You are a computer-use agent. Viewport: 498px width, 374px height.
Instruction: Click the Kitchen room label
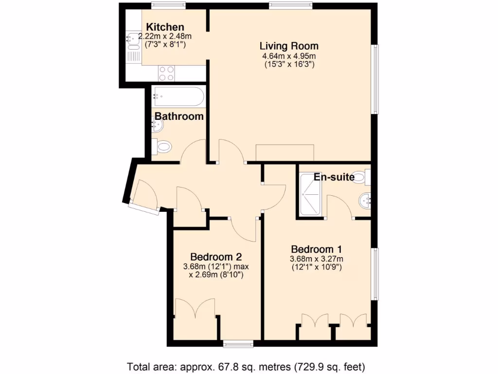coord(165,27)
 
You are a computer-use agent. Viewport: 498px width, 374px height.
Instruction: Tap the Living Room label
coord(289,46)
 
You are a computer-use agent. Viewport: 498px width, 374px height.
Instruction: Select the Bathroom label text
coord(179,116)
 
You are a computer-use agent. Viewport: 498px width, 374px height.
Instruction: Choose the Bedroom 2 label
coord(216,257)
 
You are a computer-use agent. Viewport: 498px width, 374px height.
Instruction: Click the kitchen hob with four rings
coord(166,73)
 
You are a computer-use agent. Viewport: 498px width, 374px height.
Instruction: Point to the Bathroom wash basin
coord(158,126)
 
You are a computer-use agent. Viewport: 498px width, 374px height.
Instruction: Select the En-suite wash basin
coord(365,200)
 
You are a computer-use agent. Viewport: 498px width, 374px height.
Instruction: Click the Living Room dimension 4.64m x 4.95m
coord(289,56)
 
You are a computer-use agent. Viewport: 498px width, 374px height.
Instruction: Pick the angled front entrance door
coord(143,196)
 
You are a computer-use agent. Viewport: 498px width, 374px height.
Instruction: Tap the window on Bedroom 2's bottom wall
coord(238,344)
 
